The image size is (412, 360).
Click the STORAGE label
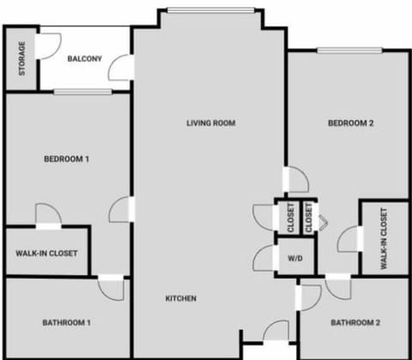22,58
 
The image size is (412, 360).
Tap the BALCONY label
85,58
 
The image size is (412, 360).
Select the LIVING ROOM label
210,123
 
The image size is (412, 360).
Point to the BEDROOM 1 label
67,159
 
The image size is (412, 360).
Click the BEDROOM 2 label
351,123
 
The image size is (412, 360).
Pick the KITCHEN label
181,298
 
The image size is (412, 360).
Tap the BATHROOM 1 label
66,322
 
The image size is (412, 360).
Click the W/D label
294,257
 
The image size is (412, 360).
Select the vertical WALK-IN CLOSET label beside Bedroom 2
383,237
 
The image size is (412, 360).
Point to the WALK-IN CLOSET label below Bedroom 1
46,253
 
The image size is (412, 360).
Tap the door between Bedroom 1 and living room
122,209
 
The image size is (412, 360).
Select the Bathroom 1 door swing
112,287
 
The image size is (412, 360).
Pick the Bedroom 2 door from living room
296,180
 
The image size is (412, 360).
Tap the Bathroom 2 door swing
311,293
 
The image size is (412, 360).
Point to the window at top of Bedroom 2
350,50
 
